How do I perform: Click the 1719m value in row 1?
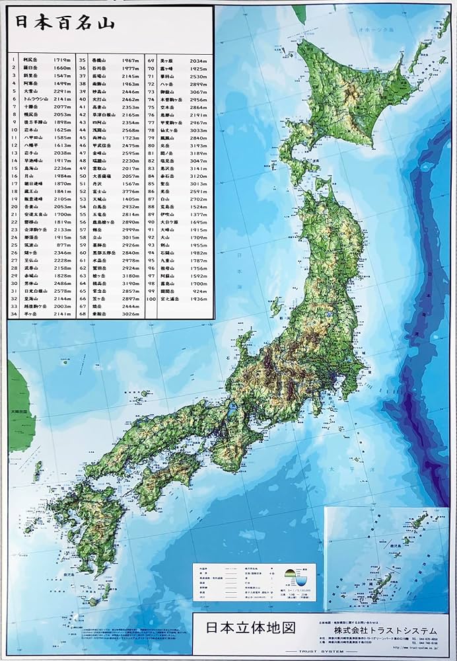pos(61,59)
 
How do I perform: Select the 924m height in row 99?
pos(199,290)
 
